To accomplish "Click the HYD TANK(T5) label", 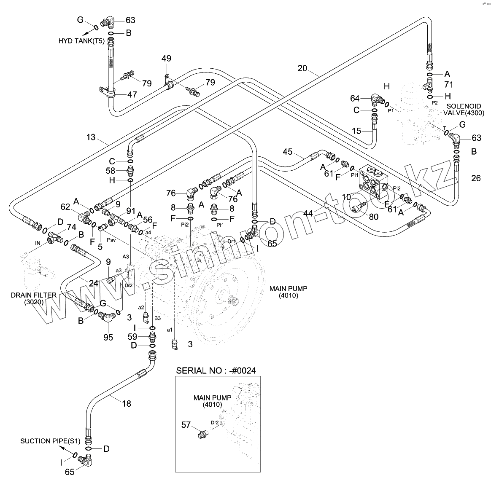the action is [81, 41].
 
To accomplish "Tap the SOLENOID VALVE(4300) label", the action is [464, 110].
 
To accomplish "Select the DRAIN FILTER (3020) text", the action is [34, 298].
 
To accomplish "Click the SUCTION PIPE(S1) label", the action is [50, 441].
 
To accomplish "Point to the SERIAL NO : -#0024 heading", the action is [216, 371].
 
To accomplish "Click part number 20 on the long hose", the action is [302, 68].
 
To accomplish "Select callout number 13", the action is [91, 137].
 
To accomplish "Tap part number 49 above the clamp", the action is [166, 59].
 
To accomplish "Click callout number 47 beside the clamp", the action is [132, 94].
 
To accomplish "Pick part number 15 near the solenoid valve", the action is [356, 131].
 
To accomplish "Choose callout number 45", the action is [287, 152].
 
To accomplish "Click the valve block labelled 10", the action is [374, 182].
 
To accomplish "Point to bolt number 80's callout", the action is [374, 217].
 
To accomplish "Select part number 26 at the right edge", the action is [476, 178].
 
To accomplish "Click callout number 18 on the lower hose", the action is [127, 403].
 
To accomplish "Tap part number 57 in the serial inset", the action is [186, 425].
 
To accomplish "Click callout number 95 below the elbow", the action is [108, 338].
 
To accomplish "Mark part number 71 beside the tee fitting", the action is [449, 84].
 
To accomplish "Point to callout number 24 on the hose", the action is [94, 283].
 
